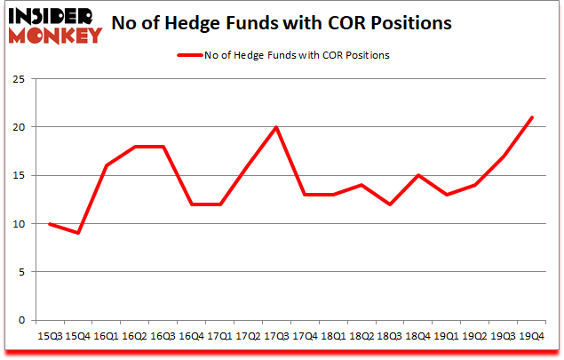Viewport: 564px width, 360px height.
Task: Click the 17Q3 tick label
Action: [x=277, y=338]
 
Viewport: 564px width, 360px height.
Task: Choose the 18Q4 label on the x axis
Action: [x=417, y=338]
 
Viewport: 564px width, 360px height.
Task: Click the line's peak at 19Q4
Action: [x=531, y=117]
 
